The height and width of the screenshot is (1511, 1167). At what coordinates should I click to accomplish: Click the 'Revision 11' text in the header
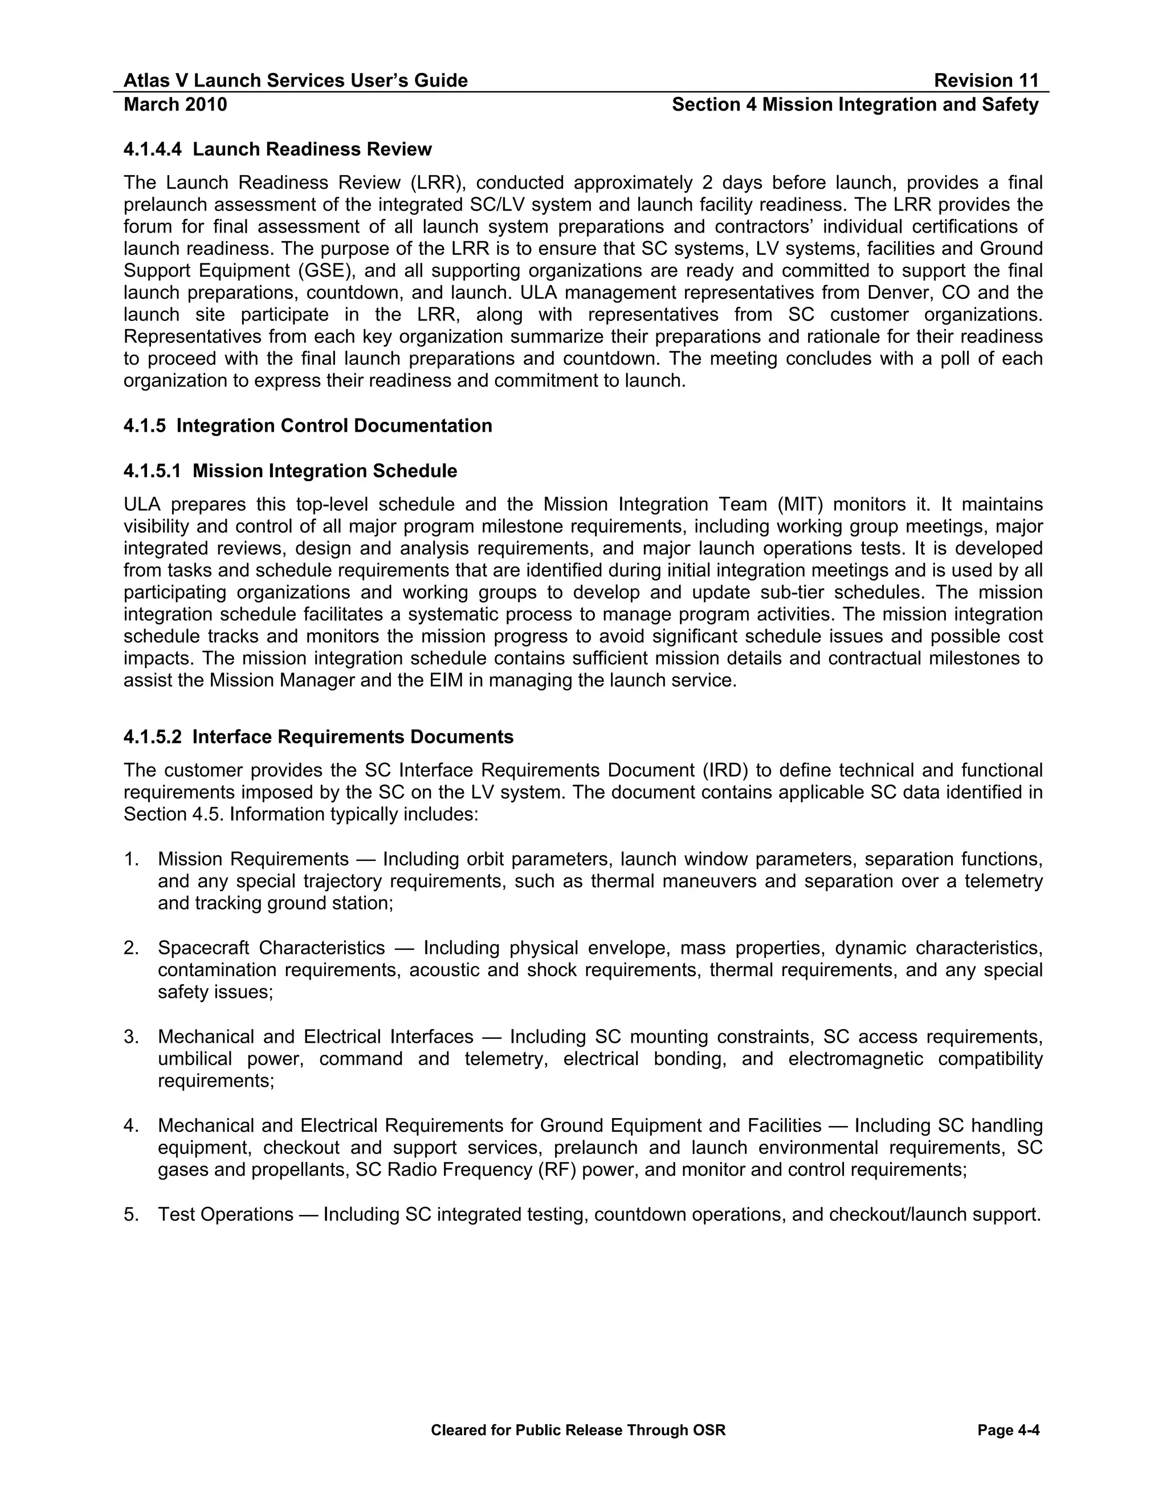tap(986, 81)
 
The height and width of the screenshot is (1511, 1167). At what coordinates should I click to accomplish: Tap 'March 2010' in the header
tap(175, 104)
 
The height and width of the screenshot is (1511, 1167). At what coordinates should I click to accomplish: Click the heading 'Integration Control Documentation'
tap(334, 425)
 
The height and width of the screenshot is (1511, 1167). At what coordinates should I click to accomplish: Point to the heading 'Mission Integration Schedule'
tap(324, 471)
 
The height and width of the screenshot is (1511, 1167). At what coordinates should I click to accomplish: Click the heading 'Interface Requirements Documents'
tap(353, 737)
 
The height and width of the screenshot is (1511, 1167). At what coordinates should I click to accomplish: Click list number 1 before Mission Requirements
tap(132, 859)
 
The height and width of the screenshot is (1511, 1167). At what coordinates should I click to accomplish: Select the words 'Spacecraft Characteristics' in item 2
tap(271, 948)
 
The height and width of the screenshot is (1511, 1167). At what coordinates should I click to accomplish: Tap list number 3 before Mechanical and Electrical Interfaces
tap(132, 1037)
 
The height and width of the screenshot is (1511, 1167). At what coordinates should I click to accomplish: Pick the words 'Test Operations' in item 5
tap(226, 1214)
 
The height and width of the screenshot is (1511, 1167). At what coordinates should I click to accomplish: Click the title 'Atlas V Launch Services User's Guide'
tap(295, 81)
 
